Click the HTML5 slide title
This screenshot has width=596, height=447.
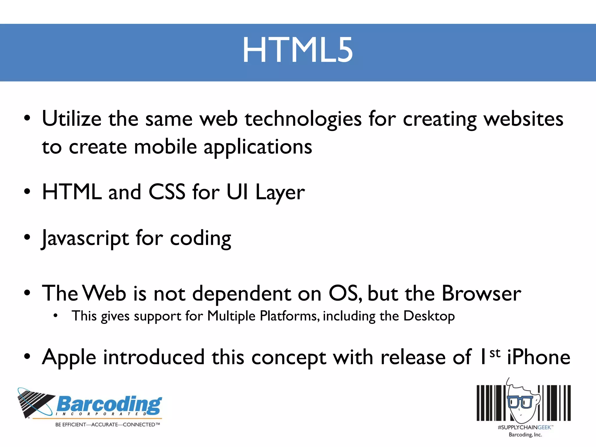click(x=298, y=50)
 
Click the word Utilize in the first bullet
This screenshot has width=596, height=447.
click(x=72, y=119)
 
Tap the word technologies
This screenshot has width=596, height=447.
click(x=303, y=119)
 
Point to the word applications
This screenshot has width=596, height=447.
click(x=258, y=147)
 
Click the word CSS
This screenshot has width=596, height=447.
click(x=167, y=192)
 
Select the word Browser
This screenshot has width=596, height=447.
click(x=481, y=293)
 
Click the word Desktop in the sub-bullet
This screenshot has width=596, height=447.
click(x=429, y=316)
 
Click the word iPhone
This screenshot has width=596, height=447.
click(x=539, y=357)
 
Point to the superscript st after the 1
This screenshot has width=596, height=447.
click(x=495, y=353)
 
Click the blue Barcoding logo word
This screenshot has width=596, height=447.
click(x=109, y=404)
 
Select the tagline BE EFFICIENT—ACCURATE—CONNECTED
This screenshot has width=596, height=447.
click(x=107, y=425)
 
